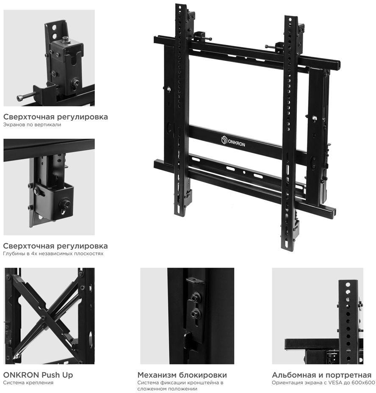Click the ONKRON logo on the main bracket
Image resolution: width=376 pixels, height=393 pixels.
point(233,141)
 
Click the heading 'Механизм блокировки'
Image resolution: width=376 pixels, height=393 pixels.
point(182,375)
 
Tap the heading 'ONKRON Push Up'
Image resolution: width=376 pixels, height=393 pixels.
point(38,375)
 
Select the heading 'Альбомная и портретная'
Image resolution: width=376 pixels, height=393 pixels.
point(322,375)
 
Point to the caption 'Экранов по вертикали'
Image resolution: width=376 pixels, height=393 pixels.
point(32,125)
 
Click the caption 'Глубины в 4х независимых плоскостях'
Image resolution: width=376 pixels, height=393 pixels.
point(53,253)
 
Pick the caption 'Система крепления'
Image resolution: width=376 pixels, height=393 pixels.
point(28,383)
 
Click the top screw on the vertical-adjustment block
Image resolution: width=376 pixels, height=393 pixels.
point(66,39)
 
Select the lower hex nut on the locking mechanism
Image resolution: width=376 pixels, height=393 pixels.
point(195,313)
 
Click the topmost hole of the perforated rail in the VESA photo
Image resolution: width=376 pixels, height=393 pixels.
point(348,285)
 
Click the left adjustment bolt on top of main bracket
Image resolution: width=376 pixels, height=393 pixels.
point(202,38)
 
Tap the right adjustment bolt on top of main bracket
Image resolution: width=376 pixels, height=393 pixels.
point(273,47)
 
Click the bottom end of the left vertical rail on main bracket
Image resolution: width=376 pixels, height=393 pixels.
point(181,215)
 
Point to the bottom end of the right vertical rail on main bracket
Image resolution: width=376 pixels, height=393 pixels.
point(287,249)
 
